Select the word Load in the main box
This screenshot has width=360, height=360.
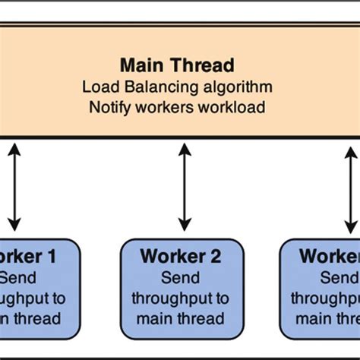[97, 86]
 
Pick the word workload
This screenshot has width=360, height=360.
[232, 107]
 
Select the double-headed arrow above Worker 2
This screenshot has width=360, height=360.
[183, 186]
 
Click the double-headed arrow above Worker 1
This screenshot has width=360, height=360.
[14, 186]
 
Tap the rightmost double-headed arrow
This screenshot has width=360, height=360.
[351, 186]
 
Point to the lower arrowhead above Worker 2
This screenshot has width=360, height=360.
[183, 225]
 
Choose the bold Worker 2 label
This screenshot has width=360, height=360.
[183, 257]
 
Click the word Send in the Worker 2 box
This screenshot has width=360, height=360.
[183, 277]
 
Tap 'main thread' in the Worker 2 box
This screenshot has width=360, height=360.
[183, 318]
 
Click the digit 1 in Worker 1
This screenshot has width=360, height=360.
[52, 257]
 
